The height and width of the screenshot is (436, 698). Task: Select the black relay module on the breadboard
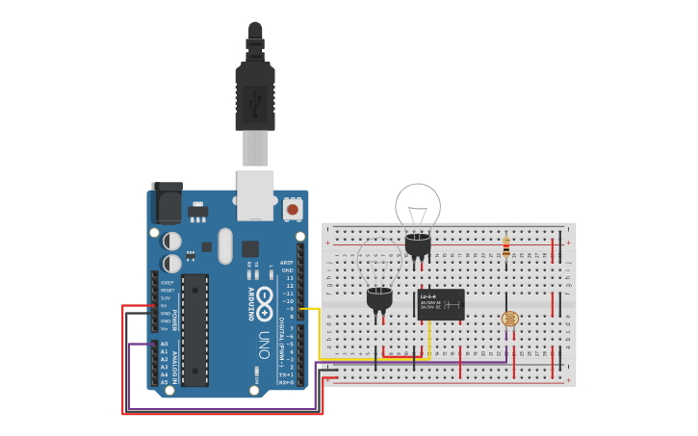[x=441, y=304]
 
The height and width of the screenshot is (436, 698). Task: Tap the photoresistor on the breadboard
[x=510, y=319]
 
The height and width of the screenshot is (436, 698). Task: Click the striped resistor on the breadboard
[x=506, y=247]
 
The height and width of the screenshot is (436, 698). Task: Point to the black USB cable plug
[x=255, y=96]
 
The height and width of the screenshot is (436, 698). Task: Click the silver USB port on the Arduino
[x=255, y=194]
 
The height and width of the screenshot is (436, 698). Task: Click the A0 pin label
[x=164, y=344]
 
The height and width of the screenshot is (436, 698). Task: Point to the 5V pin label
[x=166, y=306]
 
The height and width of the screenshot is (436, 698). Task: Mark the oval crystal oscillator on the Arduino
[x=225, y=245]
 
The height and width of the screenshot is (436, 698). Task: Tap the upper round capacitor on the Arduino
[x=171, y=241]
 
